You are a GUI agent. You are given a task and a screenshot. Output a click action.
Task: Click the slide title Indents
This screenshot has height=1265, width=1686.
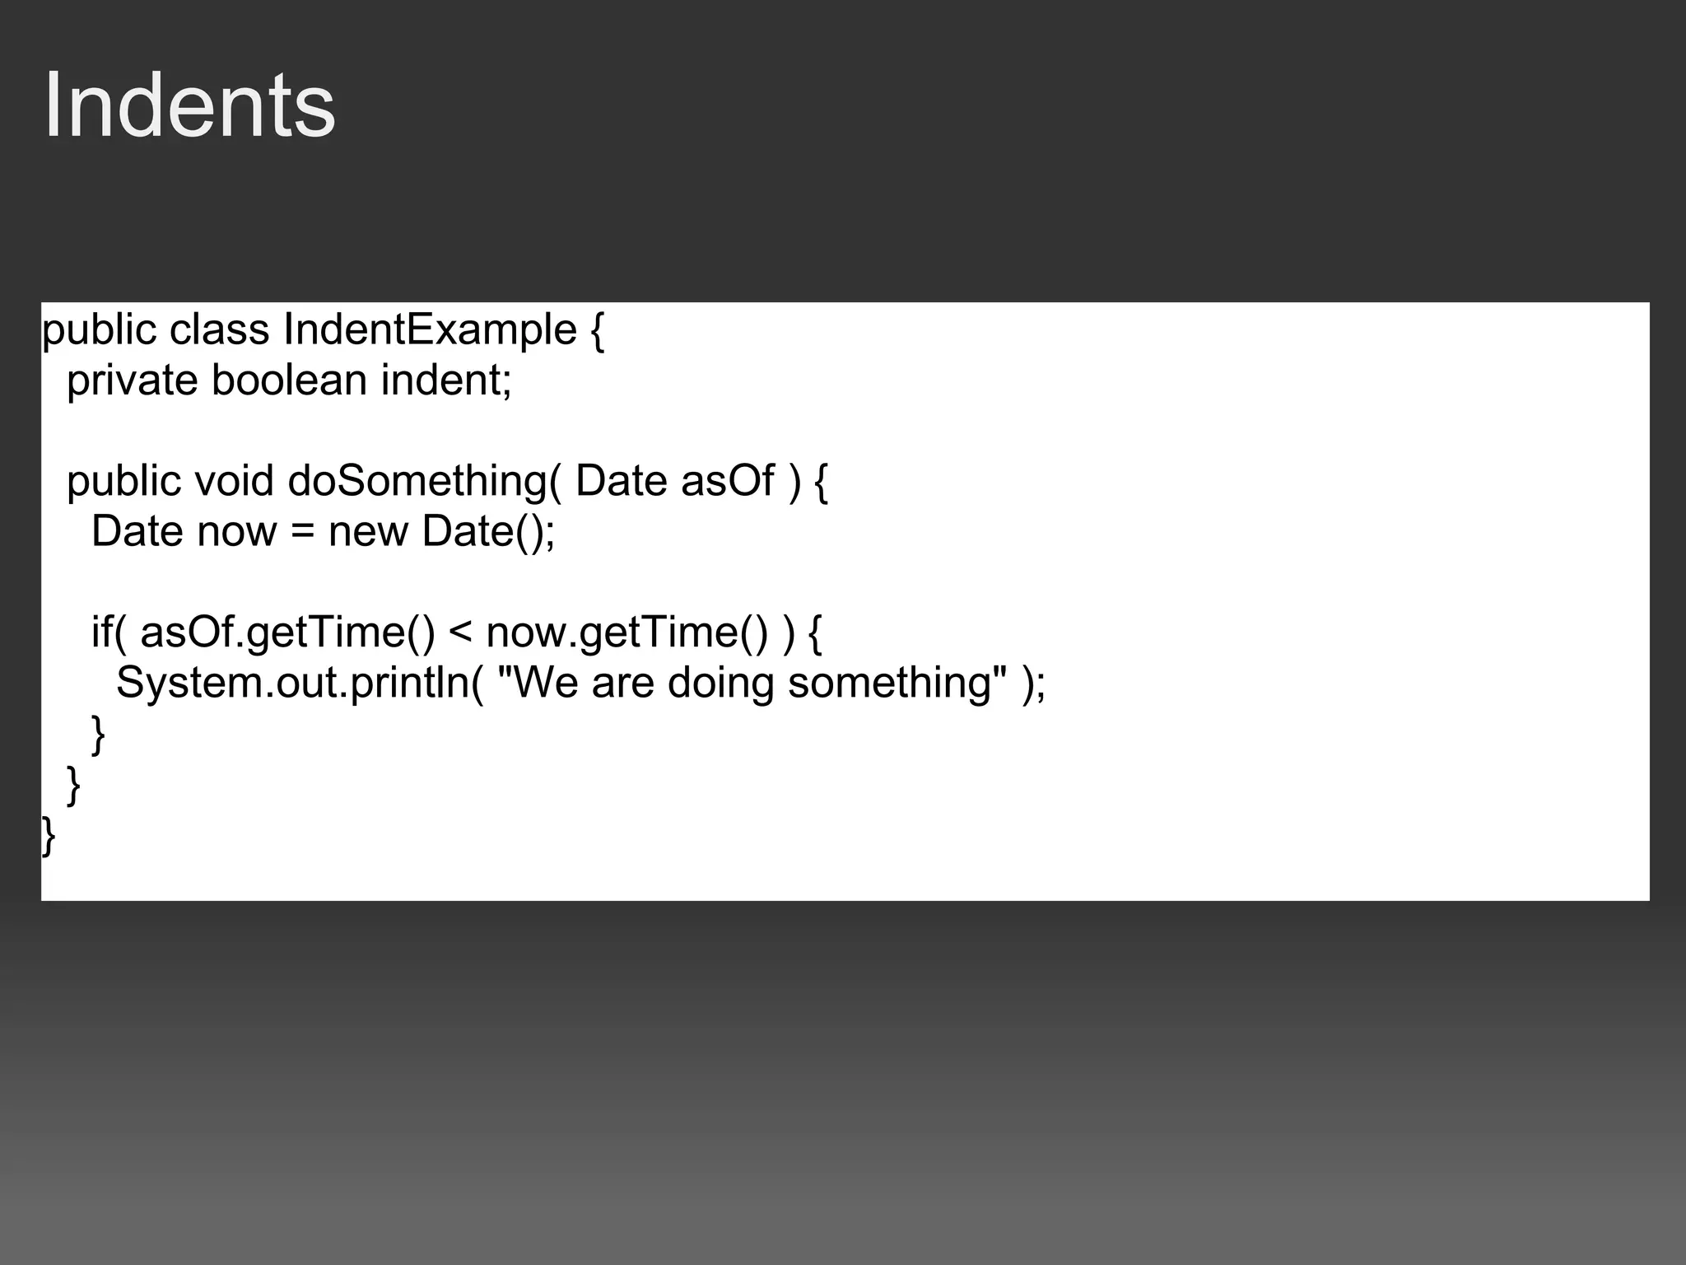(x=189, y=105)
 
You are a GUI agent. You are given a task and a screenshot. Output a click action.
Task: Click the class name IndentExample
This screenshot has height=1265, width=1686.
(x=430, y=330)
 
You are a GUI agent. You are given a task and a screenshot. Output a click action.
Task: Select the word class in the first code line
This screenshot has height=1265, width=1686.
(x=219, y=330)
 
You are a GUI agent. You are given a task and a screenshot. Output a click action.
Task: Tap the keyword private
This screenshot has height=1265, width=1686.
(x=132, y=380)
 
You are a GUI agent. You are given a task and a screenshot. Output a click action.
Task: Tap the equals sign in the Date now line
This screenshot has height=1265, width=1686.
(x=303, y=531)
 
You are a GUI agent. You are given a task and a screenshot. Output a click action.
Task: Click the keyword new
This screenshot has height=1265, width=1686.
(x=368, y=531)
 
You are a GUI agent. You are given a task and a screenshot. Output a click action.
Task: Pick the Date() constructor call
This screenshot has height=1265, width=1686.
(x=488, y=531)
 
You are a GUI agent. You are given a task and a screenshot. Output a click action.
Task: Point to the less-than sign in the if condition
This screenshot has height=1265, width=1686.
(x=460, y=632)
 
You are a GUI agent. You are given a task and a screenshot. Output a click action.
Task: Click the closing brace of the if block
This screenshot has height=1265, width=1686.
(x=99, y=735)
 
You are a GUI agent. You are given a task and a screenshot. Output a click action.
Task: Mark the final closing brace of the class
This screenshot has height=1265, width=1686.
(x=49, y=836)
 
